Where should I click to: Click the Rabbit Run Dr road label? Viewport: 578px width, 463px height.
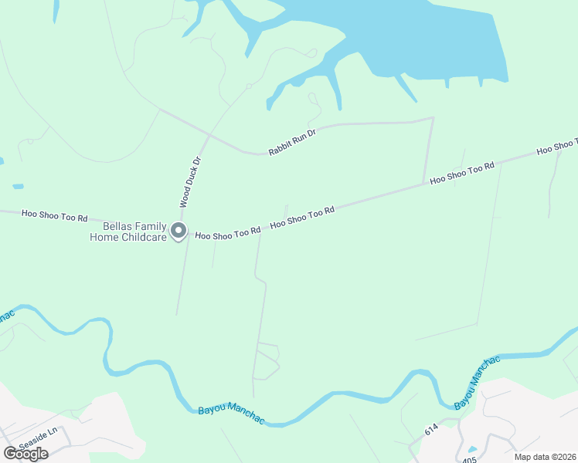pyautogui.click(x=293, y=143)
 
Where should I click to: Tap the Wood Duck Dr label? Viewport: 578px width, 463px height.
pyautogui.click(x=190, y=182)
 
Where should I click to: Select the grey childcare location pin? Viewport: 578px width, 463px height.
pyautogui.click(x=178, y=231)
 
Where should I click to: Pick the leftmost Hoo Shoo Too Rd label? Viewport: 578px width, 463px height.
pyautogui.click(x=55, y=216)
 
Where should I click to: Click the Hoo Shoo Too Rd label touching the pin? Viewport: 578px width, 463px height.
pyautogui.click(x=227, y=234)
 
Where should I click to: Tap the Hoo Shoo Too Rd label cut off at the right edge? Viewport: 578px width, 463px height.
pyautogui.click(x=556, y=146)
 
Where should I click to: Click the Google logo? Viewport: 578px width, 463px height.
pyautogui.click(x=25, y=454)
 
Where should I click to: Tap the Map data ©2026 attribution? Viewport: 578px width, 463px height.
pyautogui.click(x=544, y=457)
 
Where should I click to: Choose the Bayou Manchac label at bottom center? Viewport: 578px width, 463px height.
pyautogui.click(x=232, y=414)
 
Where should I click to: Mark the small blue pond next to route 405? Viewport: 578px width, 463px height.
pyautogui.click(x=471, y=449)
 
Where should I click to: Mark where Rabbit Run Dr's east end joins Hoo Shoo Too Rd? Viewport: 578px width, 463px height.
pyautogui.click(x=423, y=184)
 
